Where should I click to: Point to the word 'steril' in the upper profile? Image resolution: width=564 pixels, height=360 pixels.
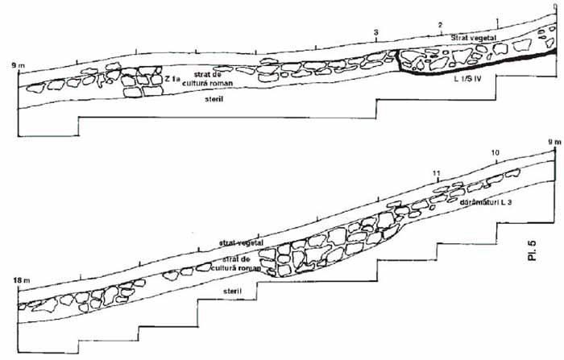(214, 100)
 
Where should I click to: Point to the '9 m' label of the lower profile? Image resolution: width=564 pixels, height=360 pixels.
(553, 143)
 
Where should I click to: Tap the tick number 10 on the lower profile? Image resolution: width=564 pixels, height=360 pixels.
(494, 152)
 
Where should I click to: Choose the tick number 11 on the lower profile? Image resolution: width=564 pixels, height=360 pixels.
(436, 173)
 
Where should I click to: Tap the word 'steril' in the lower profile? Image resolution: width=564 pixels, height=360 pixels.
(232, 289)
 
